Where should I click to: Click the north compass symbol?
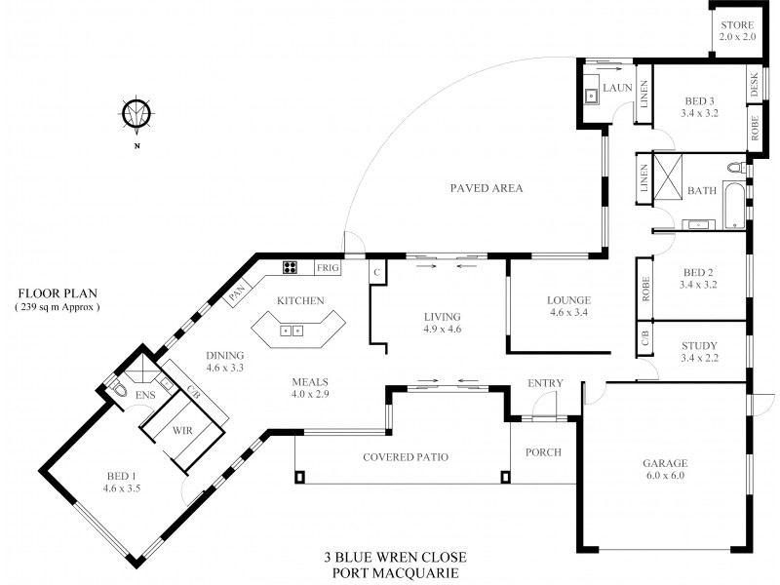point(137,113)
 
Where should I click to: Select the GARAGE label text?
point(666,463)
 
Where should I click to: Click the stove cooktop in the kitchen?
point(291,266)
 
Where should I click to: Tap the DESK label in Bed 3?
point(754,87)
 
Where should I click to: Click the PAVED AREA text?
point(487,188)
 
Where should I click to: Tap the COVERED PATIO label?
point(405,457)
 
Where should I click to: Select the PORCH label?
point(543,452)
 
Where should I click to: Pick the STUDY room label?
point(700,345)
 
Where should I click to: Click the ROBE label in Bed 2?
point(644,288)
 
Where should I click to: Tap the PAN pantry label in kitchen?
point(235,291)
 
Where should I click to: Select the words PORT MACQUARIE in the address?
point(395,572)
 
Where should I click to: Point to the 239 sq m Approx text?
point(58,306)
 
